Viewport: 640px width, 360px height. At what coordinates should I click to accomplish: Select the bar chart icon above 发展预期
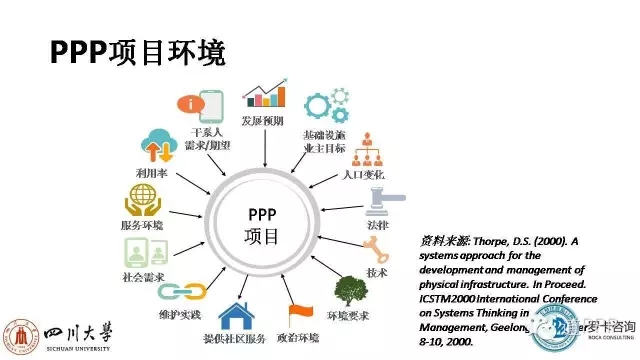(x=263, y=94)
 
